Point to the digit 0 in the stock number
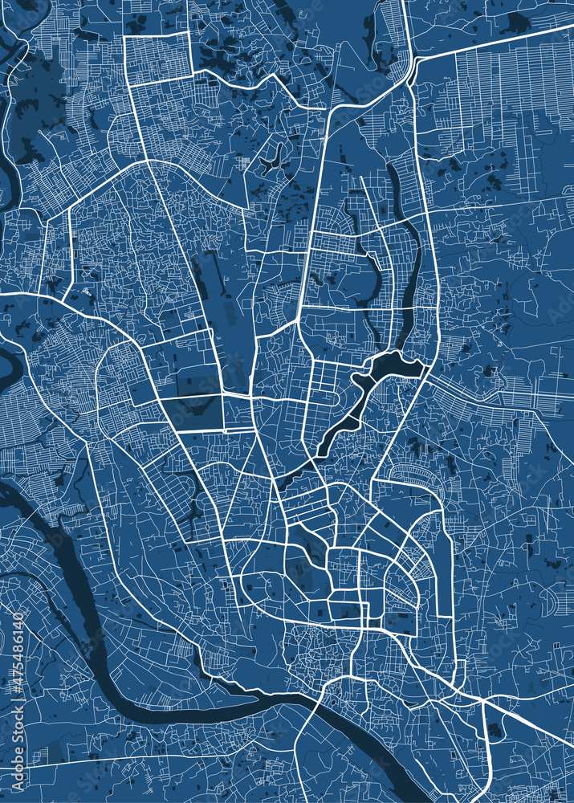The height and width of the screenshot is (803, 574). [18, 618]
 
